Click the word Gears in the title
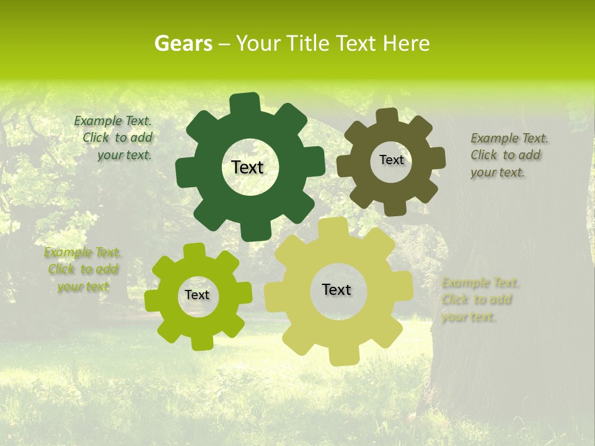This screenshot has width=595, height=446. coord(182,43)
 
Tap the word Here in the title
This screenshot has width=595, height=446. coord(406,43)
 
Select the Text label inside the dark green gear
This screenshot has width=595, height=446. coord(247,167)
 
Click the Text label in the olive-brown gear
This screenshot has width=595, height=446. coord(391,160)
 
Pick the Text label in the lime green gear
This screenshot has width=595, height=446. coord(197,295)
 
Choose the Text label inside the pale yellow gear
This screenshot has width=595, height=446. coord(337,289)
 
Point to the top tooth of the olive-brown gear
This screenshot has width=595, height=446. coord(387,116)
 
